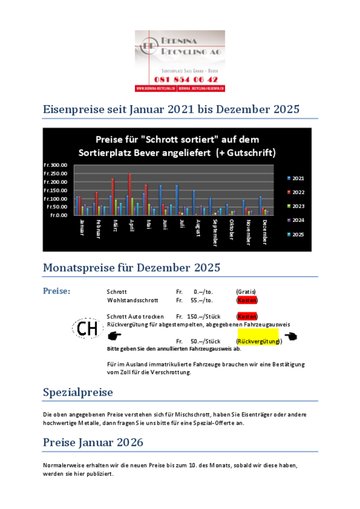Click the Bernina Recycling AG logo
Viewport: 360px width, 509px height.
click(180, 61)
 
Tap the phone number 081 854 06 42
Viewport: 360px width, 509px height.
click(186, 79)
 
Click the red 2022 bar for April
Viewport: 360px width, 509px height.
click(130, 194)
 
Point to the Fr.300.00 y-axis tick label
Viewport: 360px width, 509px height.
click(56, 165)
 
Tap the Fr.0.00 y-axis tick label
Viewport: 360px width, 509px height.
click(59, 215)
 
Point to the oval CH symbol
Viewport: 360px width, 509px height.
click(88, 329)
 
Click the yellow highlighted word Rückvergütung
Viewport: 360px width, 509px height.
click(259, 341)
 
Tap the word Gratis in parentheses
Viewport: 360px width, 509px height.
click(246, 292)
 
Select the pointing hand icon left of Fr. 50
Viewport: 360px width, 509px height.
click(115, 336)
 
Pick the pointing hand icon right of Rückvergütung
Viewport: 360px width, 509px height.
click(291, 336)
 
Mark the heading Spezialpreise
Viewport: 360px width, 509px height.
click(78, 392)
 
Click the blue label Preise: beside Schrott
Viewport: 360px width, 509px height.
click(57, 291)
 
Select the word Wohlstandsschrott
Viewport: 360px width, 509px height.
click(132, 300)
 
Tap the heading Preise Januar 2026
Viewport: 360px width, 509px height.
click(93, 442)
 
